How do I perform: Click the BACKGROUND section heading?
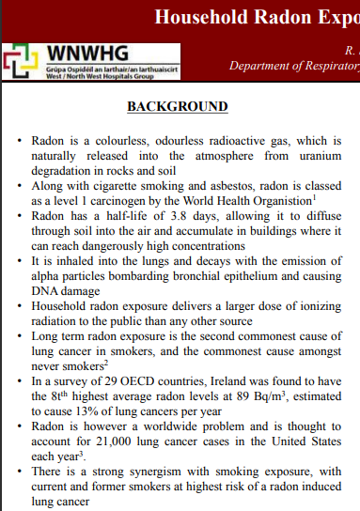pyautogui.click(x=178, y=106)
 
